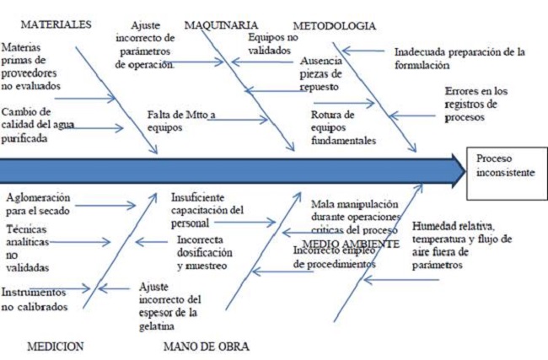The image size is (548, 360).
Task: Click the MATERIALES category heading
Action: [55, 24]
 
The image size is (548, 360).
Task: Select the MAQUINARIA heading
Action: [221, 25]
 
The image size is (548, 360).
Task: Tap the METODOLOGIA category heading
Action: [334, 25]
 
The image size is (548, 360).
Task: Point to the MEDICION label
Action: [56, 346]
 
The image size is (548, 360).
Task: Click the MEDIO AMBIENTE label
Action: [350, 244]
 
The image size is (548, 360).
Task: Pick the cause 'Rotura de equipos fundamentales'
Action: [342, 127]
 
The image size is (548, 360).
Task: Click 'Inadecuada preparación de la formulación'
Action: [459, 57]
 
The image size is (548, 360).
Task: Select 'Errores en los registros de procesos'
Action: [475, 105]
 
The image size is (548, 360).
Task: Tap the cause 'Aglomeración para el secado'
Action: [38, 204]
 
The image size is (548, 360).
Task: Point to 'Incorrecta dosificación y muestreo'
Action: [203, 252]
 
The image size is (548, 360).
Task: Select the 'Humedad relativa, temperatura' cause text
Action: [461, 239]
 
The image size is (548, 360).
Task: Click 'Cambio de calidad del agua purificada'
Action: [38, 125]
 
